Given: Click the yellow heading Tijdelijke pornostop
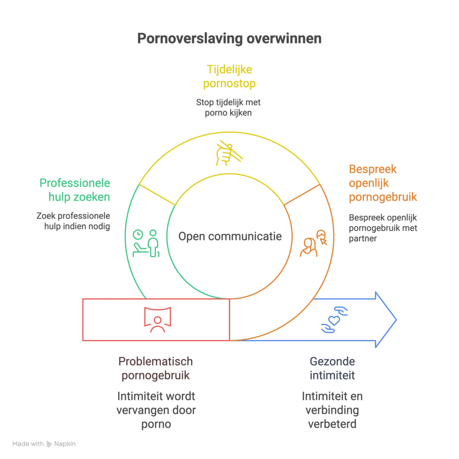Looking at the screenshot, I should pos(229,77).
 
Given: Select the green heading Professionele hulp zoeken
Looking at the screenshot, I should pos(75,190).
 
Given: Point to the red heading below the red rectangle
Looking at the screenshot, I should pos(156,368).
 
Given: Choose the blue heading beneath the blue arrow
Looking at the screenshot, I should pos(332,368).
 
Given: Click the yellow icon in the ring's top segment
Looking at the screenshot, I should pos(229,154).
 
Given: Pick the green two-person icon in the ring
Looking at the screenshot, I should pos(146,242).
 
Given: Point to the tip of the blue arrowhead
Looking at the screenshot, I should pos(396,319).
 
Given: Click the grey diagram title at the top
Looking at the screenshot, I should pos(229,39).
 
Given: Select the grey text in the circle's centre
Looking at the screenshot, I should pos(229,238).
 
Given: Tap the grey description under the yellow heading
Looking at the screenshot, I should pos(228,108).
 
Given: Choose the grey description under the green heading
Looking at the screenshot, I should pos(74,222).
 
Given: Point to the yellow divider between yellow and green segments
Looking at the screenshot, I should pos(157,193).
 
